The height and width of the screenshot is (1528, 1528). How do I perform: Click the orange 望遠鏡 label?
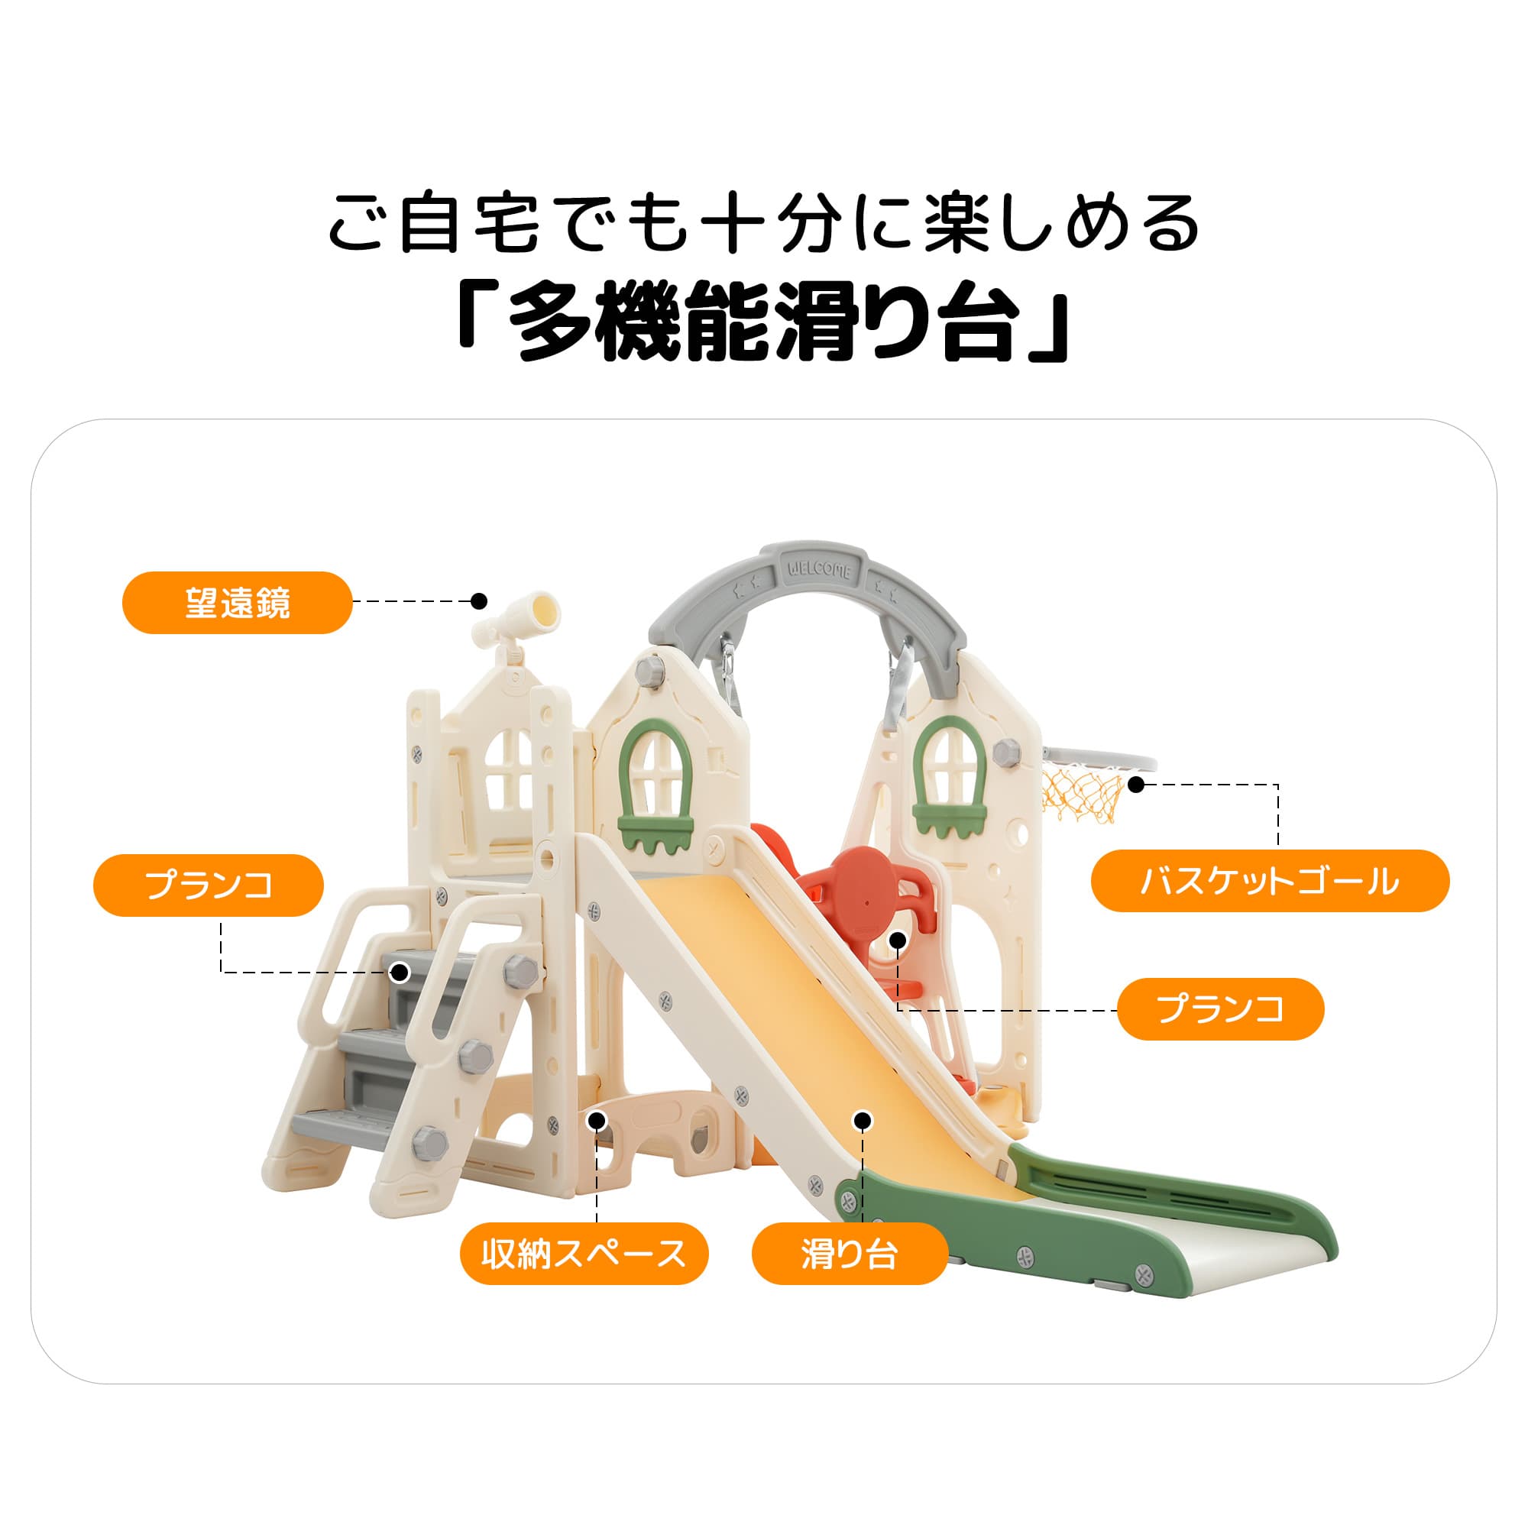pos(237,603)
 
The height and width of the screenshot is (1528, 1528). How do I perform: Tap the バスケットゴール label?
pos(1269,880)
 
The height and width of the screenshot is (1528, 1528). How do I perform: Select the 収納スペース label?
pos(584,1254)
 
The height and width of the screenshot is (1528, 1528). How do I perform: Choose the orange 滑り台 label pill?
pos(850,1254)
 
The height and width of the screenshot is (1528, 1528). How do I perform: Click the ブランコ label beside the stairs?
pos(209,885)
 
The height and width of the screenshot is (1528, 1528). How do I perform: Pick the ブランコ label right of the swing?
pos(1220,1009)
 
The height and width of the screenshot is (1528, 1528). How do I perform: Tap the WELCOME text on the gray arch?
pos(818,569)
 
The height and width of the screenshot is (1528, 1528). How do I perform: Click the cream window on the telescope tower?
pos(508,767)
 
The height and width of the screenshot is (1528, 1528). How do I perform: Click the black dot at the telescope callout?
pos(478,601)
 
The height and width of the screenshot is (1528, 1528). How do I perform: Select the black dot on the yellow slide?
pos(863,1120)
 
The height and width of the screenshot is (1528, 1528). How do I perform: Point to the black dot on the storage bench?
pos(597,1120)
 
